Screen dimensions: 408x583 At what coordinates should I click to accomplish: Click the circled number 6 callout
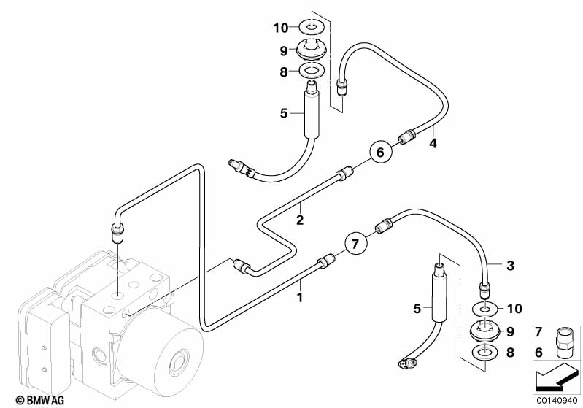coord(378,153)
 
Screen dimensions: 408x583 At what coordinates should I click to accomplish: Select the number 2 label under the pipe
coord(299,219)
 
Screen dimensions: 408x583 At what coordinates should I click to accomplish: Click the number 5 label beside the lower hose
coord(417,309)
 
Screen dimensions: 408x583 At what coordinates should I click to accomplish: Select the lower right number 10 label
coord(514,308)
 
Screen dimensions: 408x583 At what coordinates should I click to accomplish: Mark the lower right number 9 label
coord(510,331)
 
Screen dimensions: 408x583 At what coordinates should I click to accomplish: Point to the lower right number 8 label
coord(510,353)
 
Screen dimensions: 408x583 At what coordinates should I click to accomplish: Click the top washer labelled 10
coord(312,28)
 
